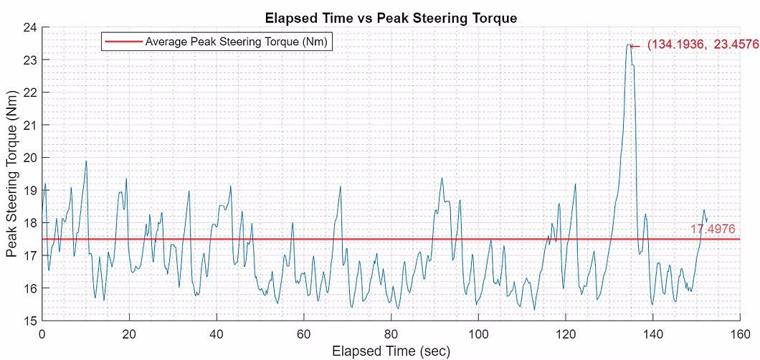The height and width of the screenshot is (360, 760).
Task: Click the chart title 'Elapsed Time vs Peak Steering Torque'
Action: click(390, 18)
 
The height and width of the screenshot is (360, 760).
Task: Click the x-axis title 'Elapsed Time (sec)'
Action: click(391, 351)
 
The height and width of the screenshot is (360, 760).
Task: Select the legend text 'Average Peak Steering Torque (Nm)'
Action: click(236, 42)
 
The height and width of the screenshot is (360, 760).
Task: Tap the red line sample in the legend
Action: click(123, 42)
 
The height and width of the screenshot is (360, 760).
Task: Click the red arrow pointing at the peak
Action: click(635, 45)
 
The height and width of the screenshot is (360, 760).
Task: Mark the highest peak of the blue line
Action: click(628, 44)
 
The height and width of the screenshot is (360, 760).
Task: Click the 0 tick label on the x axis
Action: click(42, 334)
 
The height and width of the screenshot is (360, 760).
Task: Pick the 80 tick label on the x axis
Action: click(391, 334)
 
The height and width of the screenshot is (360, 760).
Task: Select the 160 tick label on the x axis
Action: click(740, 334)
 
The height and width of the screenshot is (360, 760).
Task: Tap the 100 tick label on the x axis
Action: click(478, 334)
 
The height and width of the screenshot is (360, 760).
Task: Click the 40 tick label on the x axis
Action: click(217, 334)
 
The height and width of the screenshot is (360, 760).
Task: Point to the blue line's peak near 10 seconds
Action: click(86, 161)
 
